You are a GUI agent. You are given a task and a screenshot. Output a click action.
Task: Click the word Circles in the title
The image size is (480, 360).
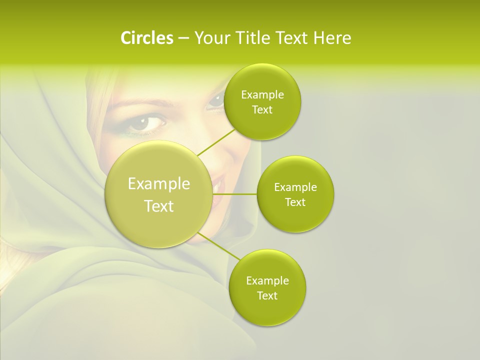click(146, 38)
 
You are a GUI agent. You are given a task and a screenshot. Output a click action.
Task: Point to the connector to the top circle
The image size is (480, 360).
click(216, 142)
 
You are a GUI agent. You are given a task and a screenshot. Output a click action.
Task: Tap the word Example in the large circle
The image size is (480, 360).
click(159, 184)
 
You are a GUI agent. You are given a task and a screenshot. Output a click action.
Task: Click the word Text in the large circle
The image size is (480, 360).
click(159, 206)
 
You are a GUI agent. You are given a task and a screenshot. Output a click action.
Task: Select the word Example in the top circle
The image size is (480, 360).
click(262, 95)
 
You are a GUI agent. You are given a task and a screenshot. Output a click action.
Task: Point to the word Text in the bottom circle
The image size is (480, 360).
click(267, 295)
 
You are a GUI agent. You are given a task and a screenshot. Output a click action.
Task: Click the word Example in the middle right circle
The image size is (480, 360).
click(295, 187)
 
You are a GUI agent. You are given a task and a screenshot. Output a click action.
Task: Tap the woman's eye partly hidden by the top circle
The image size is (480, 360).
click(216, 99)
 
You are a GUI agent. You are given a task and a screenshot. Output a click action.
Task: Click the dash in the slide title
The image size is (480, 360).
click(183, 38)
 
